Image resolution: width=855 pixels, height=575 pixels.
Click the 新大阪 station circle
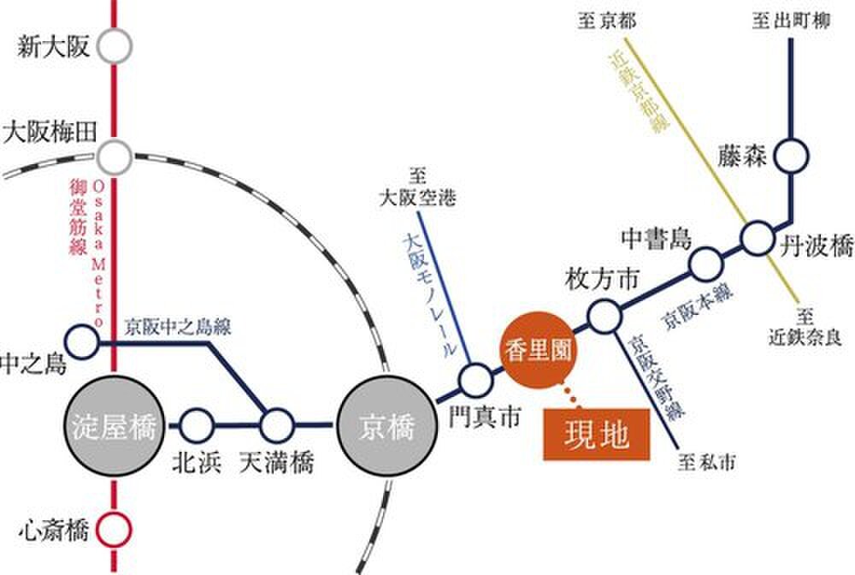click(x=115, y=47)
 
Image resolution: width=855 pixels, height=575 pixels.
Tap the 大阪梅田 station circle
click(x=115, y=157)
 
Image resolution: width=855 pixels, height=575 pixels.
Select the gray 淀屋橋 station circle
click(x=115, y=426)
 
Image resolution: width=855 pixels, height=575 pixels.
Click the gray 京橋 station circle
click(x=387, y=426)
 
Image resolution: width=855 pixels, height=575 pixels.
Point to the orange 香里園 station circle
click(x=538, y=349)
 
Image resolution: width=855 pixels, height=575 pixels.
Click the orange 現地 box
click(x=597, y=435)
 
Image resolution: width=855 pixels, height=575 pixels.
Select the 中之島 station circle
click(x=82, y=342)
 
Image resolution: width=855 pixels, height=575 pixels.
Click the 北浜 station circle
click(x=197, y=425)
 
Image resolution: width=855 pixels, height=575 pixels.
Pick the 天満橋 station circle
click(x=276, y=425)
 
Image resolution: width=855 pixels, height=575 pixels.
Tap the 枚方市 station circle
click(x=604, y=316)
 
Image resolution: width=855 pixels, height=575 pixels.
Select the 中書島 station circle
click(x=706, y=264)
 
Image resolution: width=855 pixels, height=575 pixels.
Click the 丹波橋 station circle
click(x=758, y=238)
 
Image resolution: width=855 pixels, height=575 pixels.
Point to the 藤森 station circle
click(x=791, y=156)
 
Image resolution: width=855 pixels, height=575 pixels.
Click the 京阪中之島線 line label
click(x=178, y=328)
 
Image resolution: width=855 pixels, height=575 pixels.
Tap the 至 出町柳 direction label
click(x=791, y=21)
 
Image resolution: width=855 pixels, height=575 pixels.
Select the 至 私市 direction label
click(x=706, y=463)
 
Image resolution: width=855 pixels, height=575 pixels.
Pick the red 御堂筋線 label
click(x=78, y=217)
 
